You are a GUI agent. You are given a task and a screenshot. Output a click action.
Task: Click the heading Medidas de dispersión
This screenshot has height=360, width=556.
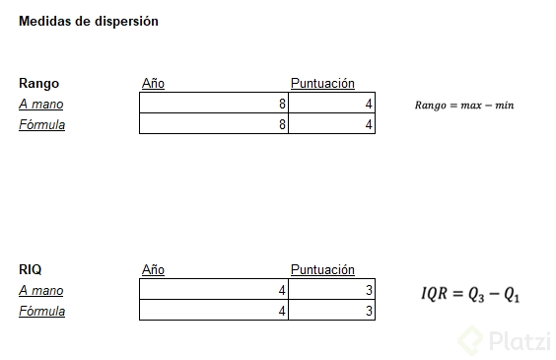(x=89, y=22)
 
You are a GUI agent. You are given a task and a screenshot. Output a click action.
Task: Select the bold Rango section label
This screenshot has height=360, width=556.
(x=39, y=84)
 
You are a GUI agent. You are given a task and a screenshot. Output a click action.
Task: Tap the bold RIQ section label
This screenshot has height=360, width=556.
(x=31, y=269)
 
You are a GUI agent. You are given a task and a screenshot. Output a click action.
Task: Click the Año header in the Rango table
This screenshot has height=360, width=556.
(x=153, y=84)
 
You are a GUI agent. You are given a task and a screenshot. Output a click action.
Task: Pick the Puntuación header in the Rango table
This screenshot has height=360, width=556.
(x=322, y=84)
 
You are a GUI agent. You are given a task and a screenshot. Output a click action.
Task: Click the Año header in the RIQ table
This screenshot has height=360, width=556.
(x=153, y=269)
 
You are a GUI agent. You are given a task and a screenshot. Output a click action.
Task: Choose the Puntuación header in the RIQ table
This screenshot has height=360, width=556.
(x=322, y=269)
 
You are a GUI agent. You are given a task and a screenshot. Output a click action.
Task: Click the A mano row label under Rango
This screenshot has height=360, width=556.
(x=41, y=105)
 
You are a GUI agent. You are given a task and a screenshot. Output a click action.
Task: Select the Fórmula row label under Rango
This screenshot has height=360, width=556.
(x=41, y=125)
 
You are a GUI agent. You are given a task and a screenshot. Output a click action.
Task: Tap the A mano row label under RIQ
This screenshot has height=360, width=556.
(x=41, y=291)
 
